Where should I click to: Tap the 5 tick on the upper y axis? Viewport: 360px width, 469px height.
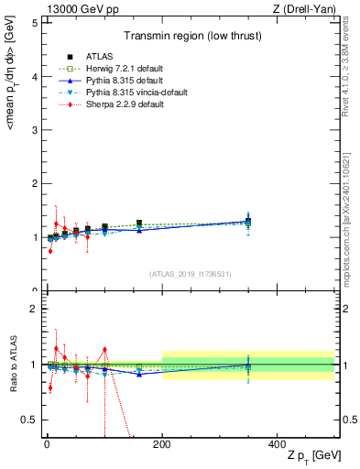click(x=34, y=23)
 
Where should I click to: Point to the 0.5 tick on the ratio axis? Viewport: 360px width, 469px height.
click(x=30, y=420)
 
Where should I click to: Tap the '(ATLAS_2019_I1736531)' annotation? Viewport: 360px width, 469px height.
click(x=191, y=274)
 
